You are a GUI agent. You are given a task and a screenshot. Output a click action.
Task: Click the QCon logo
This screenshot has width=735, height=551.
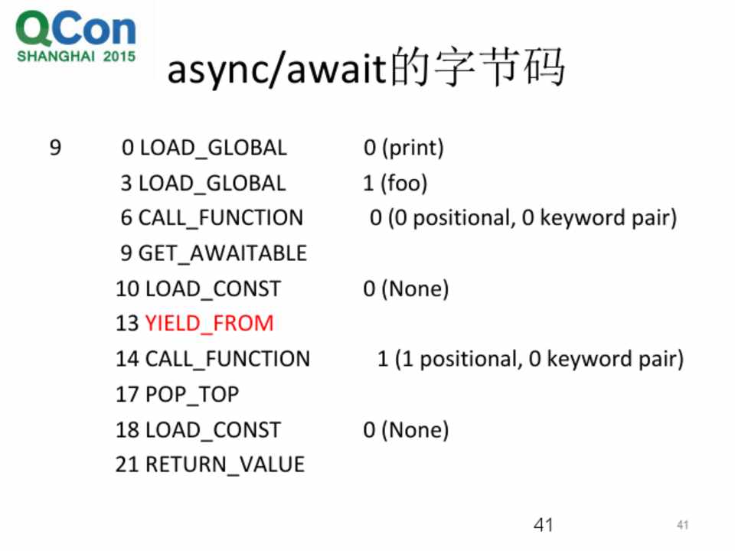76,37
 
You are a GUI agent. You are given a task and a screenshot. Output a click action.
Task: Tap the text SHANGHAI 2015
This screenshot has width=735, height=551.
76,56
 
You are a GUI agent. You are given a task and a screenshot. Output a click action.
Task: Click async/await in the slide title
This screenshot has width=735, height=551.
277,70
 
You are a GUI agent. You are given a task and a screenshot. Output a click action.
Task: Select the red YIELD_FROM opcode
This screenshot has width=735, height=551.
209,323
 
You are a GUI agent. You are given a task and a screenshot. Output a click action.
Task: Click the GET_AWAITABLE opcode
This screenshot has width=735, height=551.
223,253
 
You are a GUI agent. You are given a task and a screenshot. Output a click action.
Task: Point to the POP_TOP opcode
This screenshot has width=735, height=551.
192,394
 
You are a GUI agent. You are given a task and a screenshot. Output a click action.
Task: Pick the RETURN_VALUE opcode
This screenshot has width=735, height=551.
225,465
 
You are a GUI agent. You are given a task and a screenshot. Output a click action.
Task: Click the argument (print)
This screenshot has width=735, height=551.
413,148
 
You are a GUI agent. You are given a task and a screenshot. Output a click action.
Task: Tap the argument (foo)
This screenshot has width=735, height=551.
404,183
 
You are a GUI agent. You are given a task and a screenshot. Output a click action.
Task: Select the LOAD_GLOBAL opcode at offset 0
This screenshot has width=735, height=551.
214,148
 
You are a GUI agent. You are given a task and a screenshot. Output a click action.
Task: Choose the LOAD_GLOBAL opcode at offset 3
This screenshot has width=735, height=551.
212,183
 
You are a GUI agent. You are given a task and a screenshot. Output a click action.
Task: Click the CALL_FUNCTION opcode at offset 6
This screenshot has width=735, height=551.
220,218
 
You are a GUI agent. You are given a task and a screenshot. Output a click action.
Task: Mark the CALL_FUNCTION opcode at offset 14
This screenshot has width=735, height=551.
228,359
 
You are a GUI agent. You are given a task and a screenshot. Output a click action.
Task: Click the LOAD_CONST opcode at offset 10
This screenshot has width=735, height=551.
214,289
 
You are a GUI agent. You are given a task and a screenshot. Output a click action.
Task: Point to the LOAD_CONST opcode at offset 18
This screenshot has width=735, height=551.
214,429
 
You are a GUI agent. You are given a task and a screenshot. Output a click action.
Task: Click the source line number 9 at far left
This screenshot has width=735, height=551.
55,148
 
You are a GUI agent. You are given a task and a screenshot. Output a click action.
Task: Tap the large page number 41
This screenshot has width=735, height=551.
544,525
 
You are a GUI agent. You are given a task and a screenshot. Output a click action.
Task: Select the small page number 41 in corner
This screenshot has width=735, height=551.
682,525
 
